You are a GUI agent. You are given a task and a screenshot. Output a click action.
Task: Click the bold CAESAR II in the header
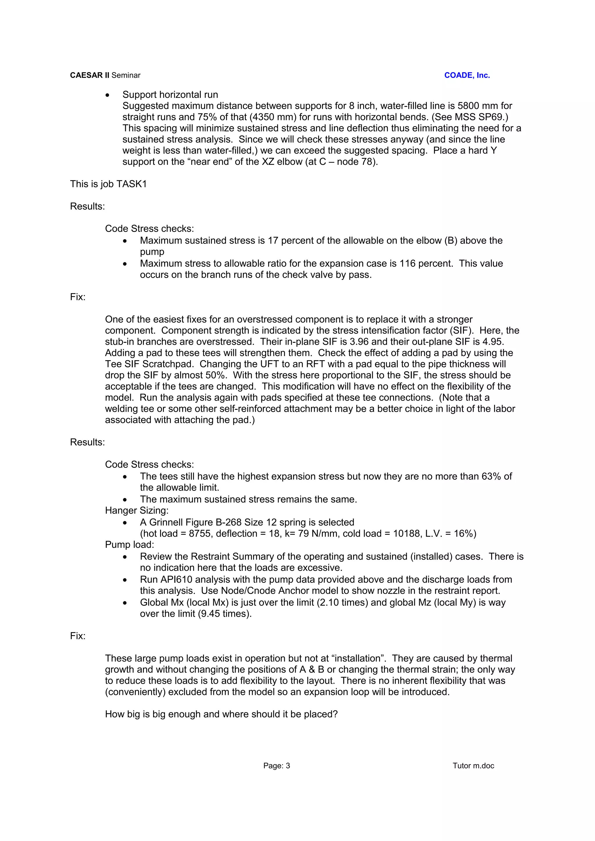[x=89, y=75]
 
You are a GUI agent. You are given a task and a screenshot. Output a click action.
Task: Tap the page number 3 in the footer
[x=288, y=766]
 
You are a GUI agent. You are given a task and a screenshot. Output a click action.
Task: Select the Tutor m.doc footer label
[x=473, y=766]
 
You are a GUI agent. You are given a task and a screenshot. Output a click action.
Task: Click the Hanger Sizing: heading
[x=136, y=511]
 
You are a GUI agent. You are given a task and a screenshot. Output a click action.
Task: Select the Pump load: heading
[x=129, y=545]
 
